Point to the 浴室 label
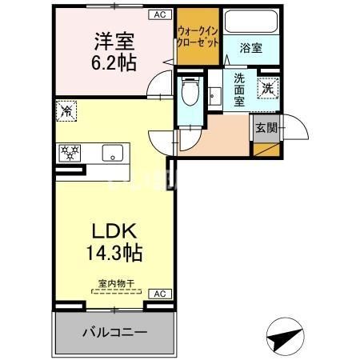pyautogui.click(x=250, y=49)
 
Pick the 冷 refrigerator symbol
pyautogui.click(x=67, y=112)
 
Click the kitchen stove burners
pyautogui.click(x=69, y=152)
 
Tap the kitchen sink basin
pyautogui.click(x=110, y=151)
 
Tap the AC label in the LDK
pyautogui.click(x=158, y=294)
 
